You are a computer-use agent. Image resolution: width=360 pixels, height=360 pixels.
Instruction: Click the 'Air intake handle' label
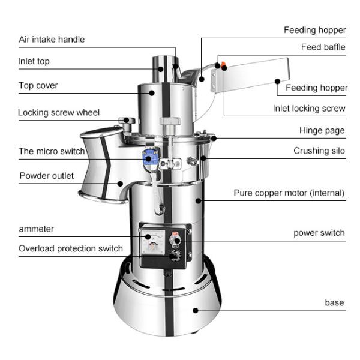51,40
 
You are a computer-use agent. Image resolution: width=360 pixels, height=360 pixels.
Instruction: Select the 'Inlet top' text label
34,61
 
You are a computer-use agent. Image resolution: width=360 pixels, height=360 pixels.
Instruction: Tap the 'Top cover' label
38,86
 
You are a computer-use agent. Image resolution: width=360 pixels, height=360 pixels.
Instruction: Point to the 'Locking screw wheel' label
58,113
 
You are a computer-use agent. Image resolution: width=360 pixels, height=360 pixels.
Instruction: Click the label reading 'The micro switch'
51,151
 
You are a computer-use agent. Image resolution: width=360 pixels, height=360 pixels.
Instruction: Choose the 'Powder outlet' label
46,176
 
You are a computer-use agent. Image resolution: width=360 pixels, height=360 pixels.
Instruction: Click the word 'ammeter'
36,229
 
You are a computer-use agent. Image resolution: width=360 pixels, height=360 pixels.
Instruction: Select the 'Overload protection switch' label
70,248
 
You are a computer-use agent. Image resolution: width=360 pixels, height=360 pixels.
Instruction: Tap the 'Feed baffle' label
323,47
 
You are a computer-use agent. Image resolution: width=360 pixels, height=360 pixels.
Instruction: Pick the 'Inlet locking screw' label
309,109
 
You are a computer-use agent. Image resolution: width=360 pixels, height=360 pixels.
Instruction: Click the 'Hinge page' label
322,130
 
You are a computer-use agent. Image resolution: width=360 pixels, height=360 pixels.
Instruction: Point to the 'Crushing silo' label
319,151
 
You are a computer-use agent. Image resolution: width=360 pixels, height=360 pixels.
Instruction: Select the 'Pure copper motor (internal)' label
289,193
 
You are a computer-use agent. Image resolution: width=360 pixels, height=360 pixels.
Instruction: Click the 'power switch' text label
319,233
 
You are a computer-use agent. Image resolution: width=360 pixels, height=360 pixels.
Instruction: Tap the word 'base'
334,303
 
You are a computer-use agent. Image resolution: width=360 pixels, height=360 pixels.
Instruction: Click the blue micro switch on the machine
147,158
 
